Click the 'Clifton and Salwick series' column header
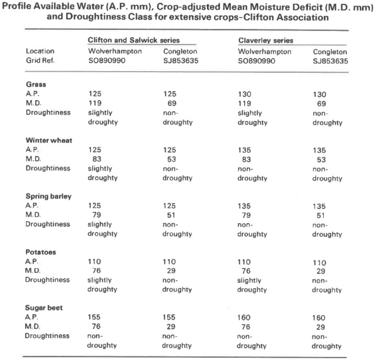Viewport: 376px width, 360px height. [x=134, y=40]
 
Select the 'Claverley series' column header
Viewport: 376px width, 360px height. [x=266, y=40]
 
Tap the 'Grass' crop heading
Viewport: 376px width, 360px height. [x=36, y=84]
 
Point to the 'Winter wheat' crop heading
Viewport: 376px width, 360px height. [x=49, y=140]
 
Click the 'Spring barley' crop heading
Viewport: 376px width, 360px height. [x=49, y=197]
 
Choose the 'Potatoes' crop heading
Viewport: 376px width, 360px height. [x=41, y=252]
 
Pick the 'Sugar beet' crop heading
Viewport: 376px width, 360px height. [x=44, y=308]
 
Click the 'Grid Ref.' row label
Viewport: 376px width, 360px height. [x=40, y=60]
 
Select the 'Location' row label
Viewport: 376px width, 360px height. [x=40, y=51]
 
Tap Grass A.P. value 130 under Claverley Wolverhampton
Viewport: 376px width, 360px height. [x=245, y=94]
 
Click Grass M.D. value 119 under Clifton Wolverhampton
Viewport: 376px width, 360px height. [x=95, y=103]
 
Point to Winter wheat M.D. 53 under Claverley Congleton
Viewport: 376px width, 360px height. [x=322, y=160]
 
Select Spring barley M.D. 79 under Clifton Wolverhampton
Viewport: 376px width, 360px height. [x=97, y=215]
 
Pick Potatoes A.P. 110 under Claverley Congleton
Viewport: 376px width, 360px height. [x=319, y=263]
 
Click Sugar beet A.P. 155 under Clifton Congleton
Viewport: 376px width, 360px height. [x=169, y=317]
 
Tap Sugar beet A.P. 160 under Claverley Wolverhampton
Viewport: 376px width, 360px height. [x=244, y=318]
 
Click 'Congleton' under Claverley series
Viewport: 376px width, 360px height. [x=330, y=52]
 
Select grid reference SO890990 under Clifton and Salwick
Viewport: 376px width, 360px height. [x=107, y=60]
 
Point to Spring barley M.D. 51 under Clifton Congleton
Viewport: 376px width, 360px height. [x=171, y=215]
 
